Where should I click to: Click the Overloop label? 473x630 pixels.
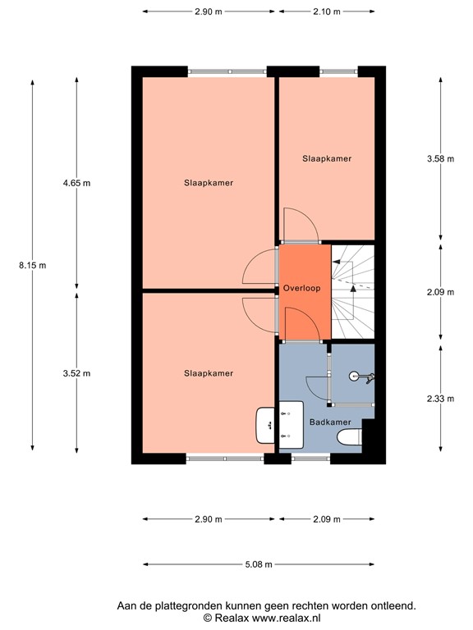coord(301,289)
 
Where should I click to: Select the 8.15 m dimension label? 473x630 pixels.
coord(33,264)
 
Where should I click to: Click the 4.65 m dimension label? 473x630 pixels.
coord(77,182)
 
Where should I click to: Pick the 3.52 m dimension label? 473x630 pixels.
coord(77,373)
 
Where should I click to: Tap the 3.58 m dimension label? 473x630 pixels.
coord(440,159)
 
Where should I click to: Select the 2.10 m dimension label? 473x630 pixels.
coord(327,11)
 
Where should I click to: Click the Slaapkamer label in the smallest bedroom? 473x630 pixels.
coord(327,159)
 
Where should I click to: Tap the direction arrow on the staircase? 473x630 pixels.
coord(353,288)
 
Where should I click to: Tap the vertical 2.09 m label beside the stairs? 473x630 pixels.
coord(440,291)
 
